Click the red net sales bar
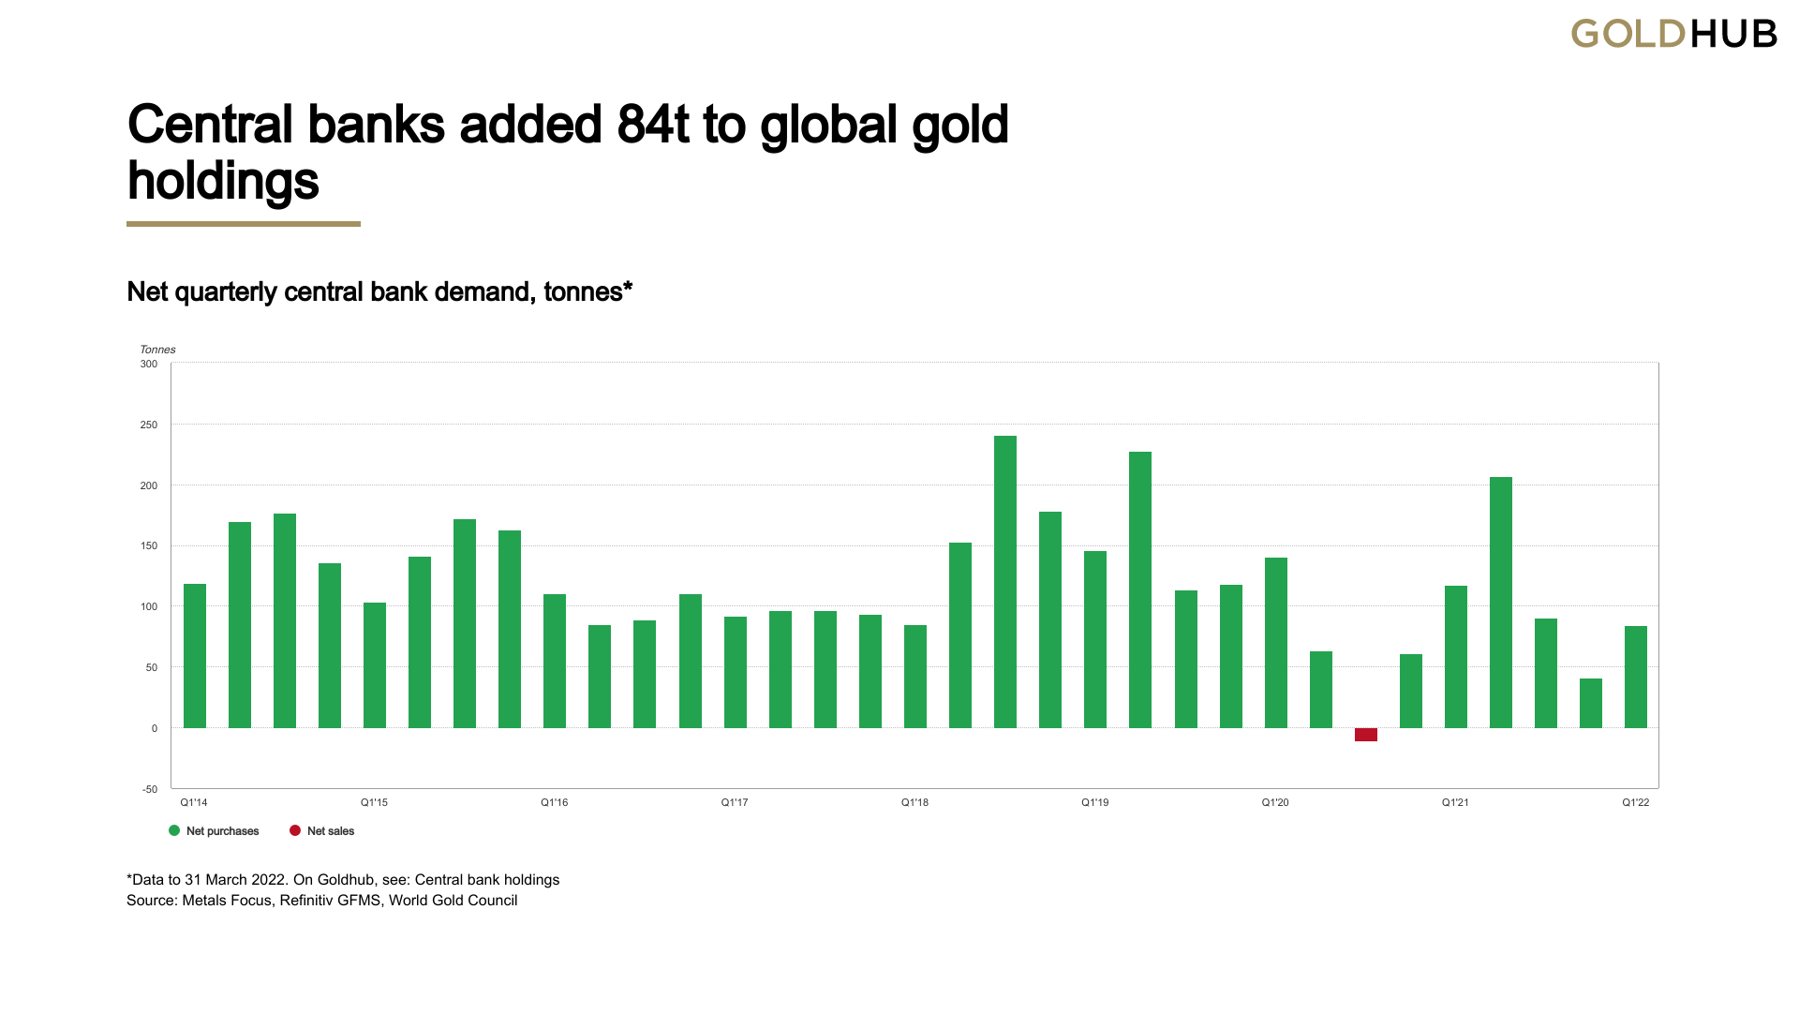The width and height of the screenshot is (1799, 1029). (x=1365, y=735)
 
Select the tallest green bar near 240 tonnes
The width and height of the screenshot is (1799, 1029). (x=1005, y=582)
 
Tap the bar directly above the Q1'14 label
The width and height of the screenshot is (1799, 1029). (x=195, y=656)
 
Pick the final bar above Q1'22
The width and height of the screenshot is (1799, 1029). (x=1636, y=677)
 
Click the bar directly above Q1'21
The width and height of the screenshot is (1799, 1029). (x=1456, y=657)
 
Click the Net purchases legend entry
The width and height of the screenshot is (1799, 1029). (x=214, y=831)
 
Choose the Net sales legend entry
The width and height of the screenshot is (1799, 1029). (x=321, y=831)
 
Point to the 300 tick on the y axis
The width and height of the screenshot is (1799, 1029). (x=149, y=364)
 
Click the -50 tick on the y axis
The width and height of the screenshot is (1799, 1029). (x=150, y=789)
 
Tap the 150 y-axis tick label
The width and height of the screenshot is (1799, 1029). (x=149, y=545)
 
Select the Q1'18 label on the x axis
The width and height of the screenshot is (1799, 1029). (x=914, y=802)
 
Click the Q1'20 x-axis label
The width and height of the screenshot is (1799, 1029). (x=1275, y=802)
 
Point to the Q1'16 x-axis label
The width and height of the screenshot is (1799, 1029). (x=555, y=802)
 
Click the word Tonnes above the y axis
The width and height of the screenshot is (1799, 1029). (x=157, y=350)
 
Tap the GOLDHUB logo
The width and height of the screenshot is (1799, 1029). (x=1673, y=34)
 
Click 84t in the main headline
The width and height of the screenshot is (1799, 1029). (x=654, y=125)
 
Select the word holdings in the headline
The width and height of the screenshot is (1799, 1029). (x=223, y=182)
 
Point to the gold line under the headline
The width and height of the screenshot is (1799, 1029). (x=244, y=224)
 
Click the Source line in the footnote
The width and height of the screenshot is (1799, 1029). (x=321, y=901)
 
